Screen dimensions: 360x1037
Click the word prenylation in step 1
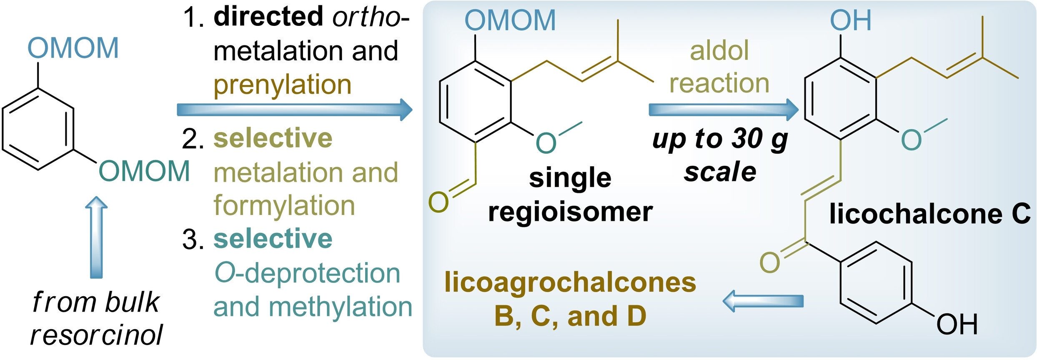coord(283,85)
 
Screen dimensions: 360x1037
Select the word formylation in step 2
coord(284,206)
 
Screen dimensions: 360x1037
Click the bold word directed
coord(268,17)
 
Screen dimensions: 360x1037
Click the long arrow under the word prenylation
coord(294,110)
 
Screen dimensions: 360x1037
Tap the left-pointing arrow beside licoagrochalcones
coord(762,301)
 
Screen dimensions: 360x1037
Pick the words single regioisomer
coord(570,195)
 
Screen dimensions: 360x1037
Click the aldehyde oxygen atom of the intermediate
coord(438,202)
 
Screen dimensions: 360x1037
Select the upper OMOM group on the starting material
coord(73,48)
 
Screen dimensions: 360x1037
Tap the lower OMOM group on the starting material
coord(144,171)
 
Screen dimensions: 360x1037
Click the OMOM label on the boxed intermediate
coord(510,20)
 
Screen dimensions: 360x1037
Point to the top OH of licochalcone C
coord(850,20)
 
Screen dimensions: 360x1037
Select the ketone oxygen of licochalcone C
coord(769,262)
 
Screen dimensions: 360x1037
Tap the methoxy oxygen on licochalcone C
coord(911,140)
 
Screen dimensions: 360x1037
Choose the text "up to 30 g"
coord(720,139)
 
